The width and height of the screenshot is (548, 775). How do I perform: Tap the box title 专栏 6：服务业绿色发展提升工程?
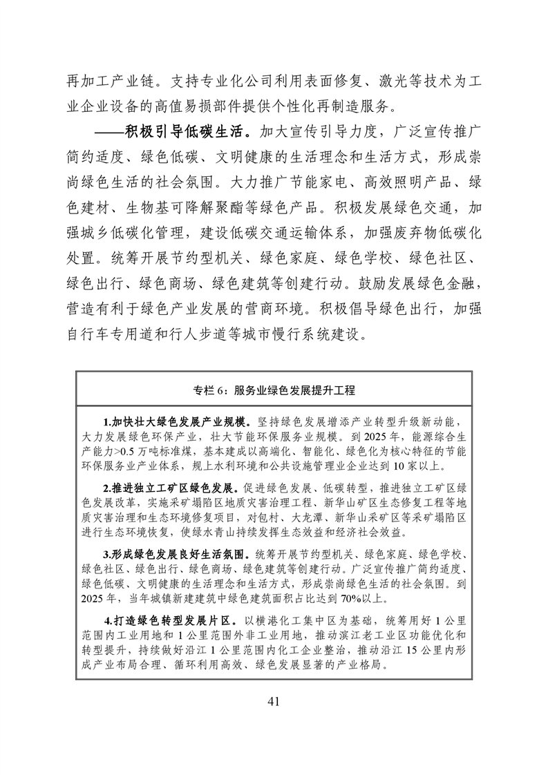(274, 390)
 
